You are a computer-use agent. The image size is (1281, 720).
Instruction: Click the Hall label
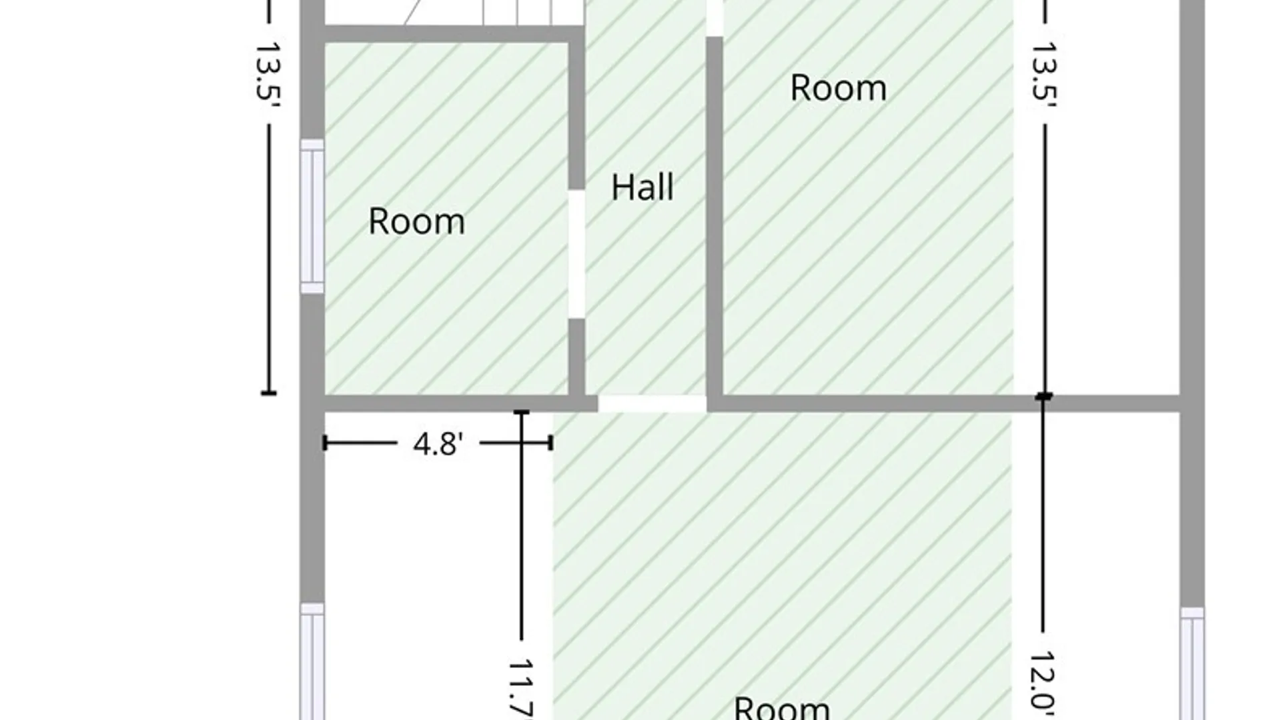(x=643, y=187)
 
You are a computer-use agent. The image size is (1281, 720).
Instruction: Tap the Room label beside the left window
(x=417, y=221)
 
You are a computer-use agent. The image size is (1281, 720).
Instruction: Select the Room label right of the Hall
(x=839, y=88)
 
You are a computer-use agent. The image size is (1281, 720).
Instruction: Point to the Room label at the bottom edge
(x=782, y=708)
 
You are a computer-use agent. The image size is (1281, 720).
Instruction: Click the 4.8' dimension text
(x=438, y=443)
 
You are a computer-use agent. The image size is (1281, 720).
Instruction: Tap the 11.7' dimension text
(x=522, y=690)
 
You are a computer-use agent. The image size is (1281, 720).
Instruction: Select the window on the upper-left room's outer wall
(x=312, y=216)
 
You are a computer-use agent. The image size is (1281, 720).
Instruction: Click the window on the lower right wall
(x=1192, y=663)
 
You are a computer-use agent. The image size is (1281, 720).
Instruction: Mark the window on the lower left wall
(x=312, y=661)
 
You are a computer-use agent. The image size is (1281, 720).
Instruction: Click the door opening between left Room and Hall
(x=576, y=253)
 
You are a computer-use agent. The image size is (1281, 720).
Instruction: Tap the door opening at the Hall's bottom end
(x=652, y=403)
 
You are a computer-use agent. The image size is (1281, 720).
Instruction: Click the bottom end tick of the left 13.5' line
(x=268, y=393)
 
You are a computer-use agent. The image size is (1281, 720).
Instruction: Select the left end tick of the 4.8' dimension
(x=325, y=443)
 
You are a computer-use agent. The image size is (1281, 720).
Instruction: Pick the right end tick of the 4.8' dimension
(x=551, y=443)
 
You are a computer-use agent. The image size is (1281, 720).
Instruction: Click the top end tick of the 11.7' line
(x=522, y=413)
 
